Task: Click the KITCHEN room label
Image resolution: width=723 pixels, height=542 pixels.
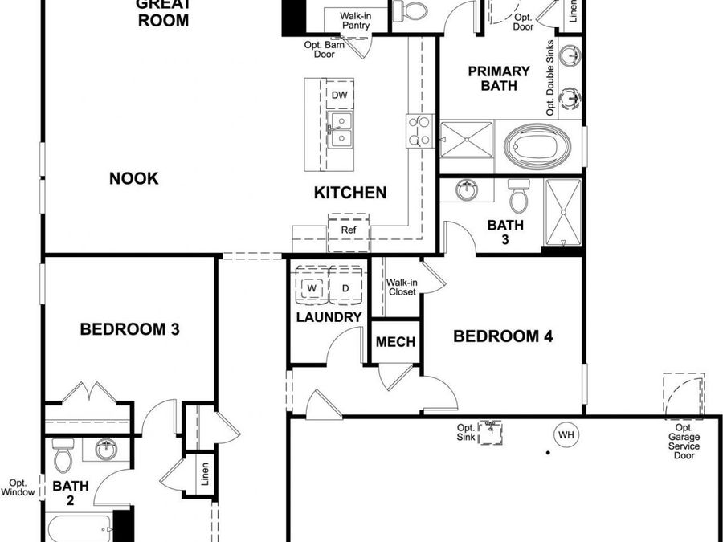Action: coord(349,193)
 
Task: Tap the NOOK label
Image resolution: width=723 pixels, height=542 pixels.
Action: coord(133,178)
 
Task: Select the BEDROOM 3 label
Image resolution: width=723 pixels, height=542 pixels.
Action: coord(129,329)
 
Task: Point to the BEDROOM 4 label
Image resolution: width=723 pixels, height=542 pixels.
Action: coord(503,336)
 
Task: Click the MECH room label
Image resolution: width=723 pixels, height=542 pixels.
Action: coord(396,342)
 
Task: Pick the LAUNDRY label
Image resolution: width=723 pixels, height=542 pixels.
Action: coord(329,317)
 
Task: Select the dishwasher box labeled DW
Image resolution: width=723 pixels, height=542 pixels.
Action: coord(339,95)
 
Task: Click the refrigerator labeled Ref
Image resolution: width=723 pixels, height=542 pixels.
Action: coord(348,230)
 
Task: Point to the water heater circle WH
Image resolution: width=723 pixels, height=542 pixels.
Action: coord(566,436)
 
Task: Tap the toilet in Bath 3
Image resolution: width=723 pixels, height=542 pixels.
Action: coord(518,195)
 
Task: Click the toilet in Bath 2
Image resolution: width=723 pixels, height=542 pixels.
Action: coord(62,457)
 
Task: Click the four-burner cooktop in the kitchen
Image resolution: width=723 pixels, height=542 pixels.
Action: coord(420,131)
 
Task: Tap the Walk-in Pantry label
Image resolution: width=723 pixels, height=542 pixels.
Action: coord(354,21)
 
